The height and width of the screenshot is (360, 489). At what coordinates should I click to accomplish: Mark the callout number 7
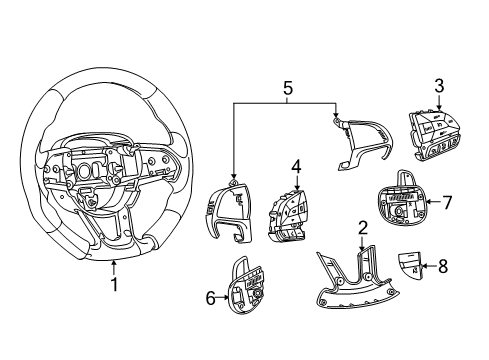[x=447, y=202]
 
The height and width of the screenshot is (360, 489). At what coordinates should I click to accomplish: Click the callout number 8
[x=444, y=267]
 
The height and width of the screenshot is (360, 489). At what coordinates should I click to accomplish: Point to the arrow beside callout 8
[x=428, y=267]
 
